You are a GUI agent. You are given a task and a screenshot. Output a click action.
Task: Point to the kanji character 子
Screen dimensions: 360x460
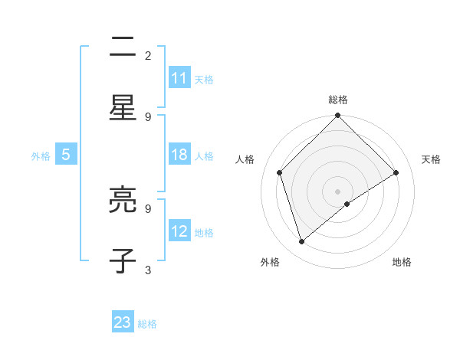(123, 260)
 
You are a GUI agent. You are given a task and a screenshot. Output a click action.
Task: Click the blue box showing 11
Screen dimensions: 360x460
(179, 78)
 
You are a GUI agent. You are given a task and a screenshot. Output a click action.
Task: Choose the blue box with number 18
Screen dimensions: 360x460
(179, 155)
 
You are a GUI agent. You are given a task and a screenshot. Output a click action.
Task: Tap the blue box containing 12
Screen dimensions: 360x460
(179, 231)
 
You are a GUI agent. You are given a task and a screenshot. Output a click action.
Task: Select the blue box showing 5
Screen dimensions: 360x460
(66, 155)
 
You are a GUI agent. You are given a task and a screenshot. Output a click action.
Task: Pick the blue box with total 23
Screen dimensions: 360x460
(123, 322)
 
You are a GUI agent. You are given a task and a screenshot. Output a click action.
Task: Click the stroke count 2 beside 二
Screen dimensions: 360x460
(148, 55)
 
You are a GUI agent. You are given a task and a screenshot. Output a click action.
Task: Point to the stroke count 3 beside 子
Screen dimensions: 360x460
(148, 270)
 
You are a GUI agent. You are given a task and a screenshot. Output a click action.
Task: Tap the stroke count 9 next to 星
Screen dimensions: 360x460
(148, 116)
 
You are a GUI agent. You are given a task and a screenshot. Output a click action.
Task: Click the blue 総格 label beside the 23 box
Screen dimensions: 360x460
(147, 324)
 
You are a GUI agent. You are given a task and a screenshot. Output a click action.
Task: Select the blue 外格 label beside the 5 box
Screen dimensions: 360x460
(41, 156)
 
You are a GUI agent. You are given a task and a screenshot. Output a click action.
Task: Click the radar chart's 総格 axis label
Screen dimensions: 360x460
(338, 100)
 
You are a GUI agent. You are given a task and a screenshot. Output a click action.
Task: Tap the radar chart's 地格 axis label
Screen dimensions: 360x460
(402, 262)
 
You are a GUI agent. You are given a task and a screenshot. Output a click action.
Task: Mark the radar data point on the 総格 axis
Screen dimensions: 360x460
(338, 116)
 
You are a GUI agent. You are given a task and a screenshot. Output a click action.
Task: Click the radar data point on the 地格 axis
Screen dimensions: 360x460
(347, 204)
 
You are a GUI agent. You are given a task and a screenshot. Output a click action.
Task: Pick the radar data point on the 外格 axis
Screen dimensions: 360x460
(302, 242)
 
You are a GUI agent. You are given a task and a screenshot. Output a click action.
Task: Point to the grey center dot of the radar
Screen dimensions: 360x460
(338, 191)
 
